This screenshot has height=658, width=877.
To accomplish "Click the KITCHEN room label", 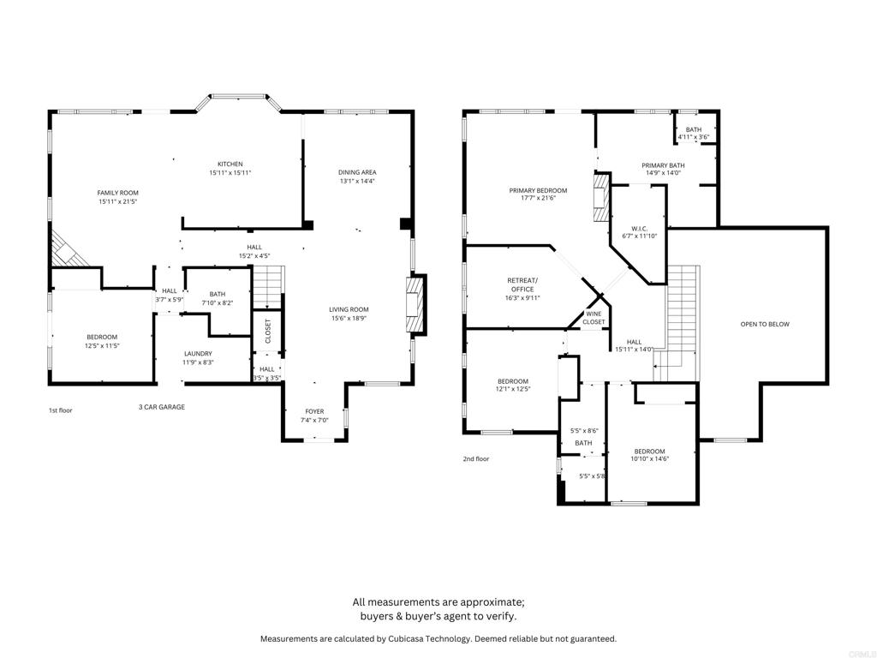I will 230,164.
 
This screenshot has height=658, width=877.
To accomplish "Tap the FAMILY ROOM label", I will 117,193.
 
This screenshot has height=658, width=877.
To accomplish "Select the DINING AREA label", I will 357,172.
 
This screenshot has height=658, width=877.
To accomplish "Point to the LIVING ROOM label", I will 349,309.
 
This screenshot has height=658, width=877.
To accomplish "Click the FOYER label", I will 314,411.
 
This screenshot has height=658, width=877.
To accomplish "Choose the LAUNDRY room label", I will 198,353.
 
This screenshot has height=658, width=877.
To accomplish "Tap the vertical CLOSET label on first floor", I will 267,331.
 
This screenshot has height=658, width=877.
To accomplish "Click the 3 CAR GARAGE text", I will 162,407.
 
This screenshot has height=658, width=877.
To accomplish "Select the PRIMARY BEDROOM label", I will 538,190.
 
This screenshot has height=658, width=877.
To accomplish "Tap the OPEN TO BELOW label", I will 765,324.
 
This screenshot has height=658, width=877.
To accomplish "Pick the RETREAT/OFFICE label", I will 522,284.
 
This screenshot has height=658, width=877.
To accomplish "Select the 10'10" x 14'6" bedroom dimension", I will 649,459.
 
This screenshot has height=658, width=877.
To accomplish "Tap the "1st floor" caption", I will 60,410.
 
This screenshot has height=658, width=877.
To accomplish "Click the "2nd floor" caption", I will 475,458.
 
